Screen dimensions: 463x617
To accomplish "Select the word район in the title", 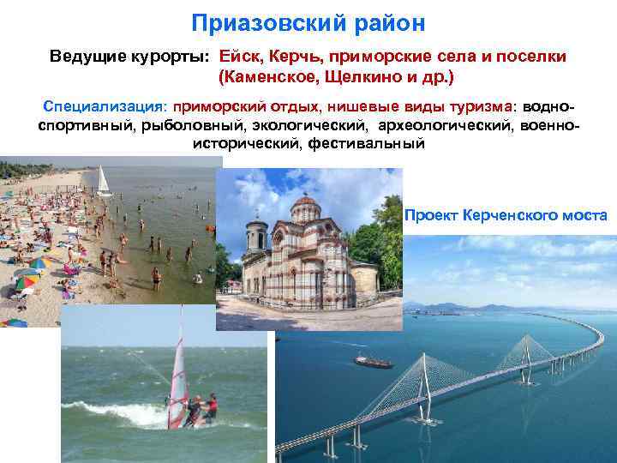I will [x=385, y=23].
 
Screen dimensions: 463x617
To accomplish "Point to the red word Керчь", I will [x=292, y=57].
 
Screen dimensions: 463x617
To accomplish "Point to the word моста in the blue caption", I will [x=587, y=214].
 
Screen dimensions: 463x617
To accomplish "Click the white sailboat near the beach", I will [x=104, y=181].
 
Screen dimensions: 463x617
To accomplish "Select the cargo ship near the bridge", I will [x=373, y=361].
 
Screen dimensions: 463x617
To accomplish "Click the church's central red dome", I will [x=305, y=209].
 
